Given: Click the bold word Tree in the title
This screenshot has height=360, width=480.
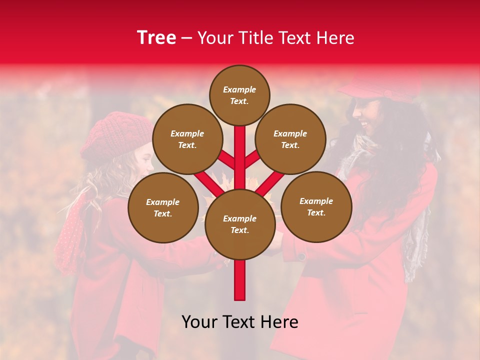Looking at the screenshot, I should [156, 38].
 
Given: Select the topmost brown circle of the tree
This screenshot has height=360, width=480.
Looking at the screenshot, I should [239, 95].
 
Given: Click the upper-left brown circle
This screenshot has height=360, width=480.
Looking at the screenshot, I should [187, 139].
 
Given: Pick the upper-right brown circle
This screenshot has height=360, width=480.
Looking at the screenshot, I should [290, 139].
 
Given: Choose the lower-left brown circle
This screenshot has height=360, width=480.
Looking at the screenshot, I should [163, 207].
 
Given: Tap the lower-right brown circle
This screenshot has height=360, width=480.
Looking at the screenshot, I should [316, 206].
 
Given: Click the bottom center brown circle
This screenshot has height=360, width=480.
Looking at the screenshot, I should [239, 224].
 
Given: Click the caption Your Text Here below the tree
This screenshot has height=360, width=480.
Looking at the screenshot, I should [239, 322].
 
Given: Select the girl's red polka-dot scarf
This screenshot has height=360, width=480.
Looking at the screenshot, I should [70, 235].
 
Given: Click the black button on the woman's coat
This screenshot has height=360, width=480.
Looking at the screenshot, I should [301, 256].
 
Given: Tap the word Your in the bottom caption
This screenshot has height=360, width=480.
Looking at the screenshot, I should [199, 322].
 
